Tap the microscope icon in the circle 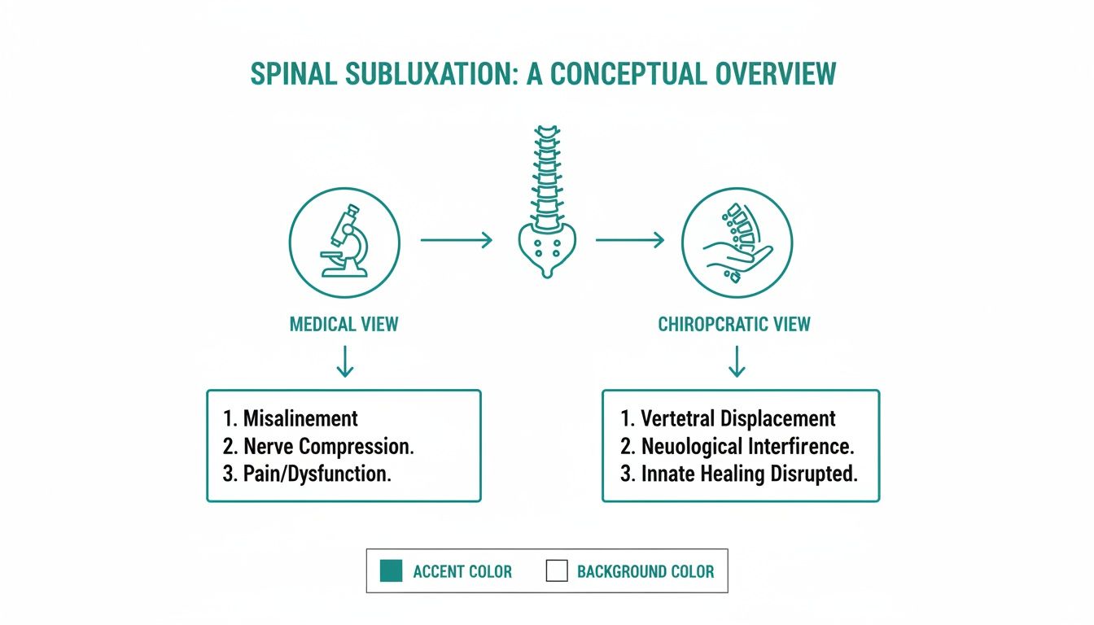click(344, 242)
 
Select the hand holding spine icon click(736, 242)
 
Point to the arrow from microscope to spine click(457, 240)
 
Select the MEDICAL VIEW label click(344, 325)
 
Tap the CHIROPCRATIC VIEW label click(734, 325)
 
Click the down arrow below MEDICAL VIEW click(344, 361)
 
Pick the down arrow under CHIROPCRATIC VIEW click(737, 361)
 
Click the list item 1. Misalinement click(290, 419)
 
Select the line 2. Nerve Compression click(314, 447)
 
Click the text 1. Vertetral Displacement click(728, 419)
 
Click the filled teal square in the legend click(391, 571)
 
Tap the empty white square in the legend click(557, 571)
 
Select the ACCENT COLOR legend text click(462, 571)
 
